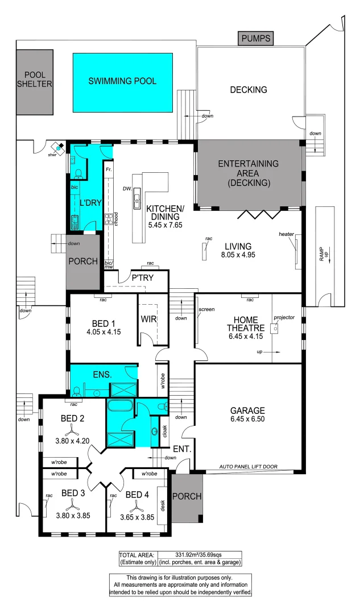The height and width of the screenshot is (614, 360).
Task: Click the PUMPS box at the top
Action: point(256,39)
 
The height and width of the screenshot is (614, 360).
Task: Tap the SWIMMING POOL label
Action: point(122,81)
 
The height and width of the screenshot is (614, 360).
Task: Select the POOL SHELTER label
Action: point(34,80)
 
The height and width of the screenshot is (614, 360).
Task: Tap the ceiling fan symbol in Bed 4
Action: point(135,505)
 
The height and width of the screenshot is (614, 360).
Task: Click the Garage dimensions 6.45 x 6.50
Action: point(247,420)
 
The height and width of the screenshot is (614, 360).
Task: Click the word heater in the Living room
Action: point(286,234)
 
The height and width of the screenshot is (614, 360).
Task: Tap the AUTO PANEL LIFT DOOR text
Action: point(249,466)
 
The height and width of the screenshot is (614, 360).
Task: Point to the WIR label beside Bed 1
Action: point(149,320)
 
